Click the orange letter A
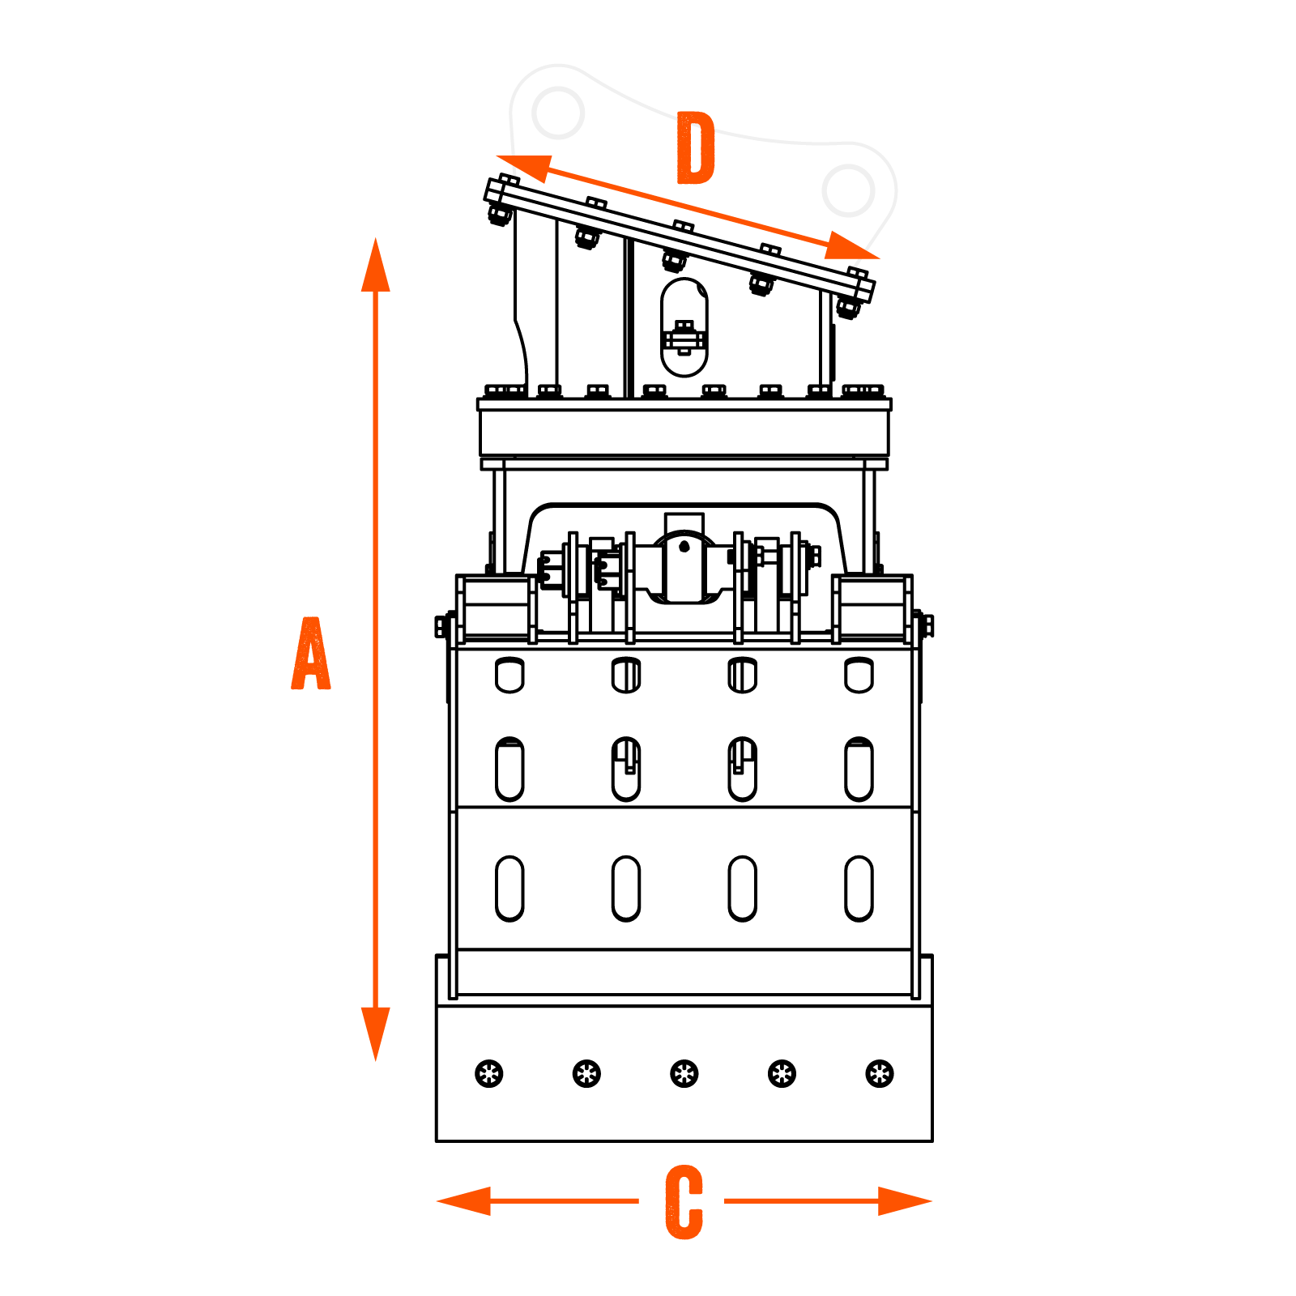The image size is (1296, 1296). pos(311,654)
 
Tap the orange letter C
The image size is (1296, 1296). pos(684,1202)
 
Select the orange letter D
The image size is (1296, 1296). pos(696,149)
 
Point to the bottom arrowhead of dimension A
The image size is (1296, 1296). pos(375,1033)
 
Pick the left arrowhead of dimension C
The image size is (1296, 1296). pos(464,1200)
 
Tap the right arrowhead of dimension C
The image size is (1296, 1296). pos(905,1200)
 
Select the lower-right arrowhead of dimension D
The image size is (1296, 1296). pos(850,247)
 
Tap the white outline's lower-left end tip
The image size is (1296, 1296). pos(515,173)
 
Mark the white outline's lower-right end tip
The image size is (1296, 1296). pos(856,264)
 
